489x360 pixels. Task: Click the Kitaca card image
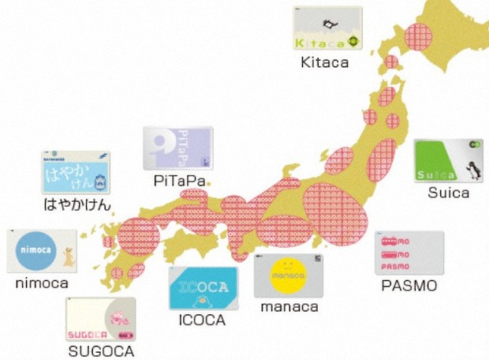pos(328,30)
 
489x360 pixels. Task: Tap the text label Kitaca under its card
pos(324,62)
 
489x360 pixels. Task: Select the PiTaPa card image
pos(178,148)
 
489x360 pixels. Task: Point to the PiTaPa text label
pos(180,182)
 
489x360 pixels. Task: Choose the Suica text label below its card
pos(448,193)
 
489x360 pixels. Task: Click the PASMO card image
pos(410,253)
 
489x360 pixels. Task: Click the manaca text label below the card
pos(289,307)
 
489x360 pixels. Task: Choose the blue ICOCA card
pos(203,288)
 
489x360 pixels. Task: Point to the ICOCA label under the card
pos(203,321)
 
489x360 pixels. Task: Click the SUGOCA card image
pos(100,320)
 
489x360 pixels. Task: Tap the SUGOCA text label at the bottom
pos(100,351)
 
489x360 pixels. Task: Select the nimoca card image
pos(42,252)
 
